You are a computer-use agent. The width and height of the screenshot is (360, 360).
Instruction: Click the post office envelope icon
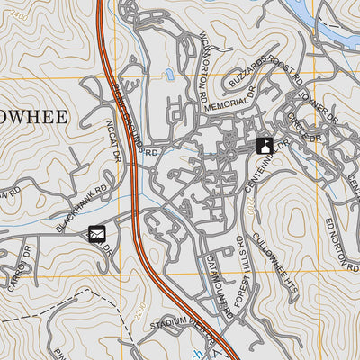pyautogui.click(x=97, y=235)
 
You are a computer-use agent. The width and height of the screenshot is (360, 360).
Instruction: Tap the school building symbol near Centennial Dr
pyautogui.click(x=265, y=145)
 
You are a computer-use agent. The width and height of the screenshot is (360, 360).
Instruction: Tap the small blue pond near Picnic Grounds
pyautogui.click(x=169, y=75)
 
